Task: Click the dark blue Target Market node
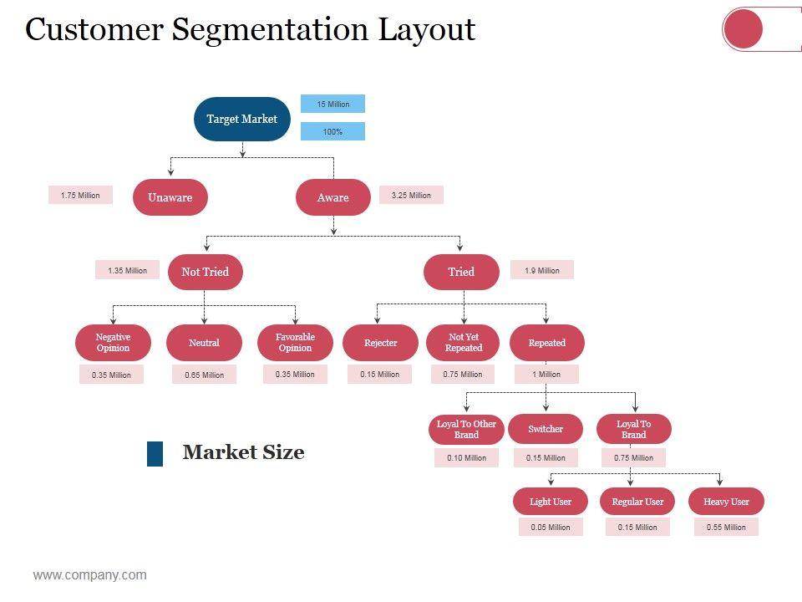coord(242,119)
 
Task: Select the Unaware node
coord(170,197)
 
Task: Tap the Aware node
coord(333,197)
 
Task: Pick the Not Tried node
coord(206,272)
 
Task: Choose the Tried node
coord(461,272)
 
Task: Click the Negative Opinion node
coord(113,343)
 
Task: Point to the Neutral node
coord(204,343)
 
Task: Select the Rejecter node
coord(381,343)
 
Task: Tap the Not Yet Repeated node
coord(464,343)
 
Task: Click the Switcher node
coord(546,429)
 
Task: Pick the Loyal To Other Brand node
coord(466,429)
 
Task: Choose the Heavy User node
coord(726,501)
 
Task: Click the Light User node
coord(551,501)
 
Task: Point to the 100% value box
coord(333,131)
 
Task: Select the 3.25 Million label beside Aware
coord(411,195)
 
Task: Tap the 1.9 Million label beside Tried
coord(542,270)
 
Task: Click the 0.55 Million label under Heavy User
coord(726,527)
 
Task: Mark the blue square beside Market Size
coord(155,453)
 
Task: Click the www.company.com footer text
coord(90,575)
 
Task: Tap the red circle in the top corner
coord(743,29)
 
